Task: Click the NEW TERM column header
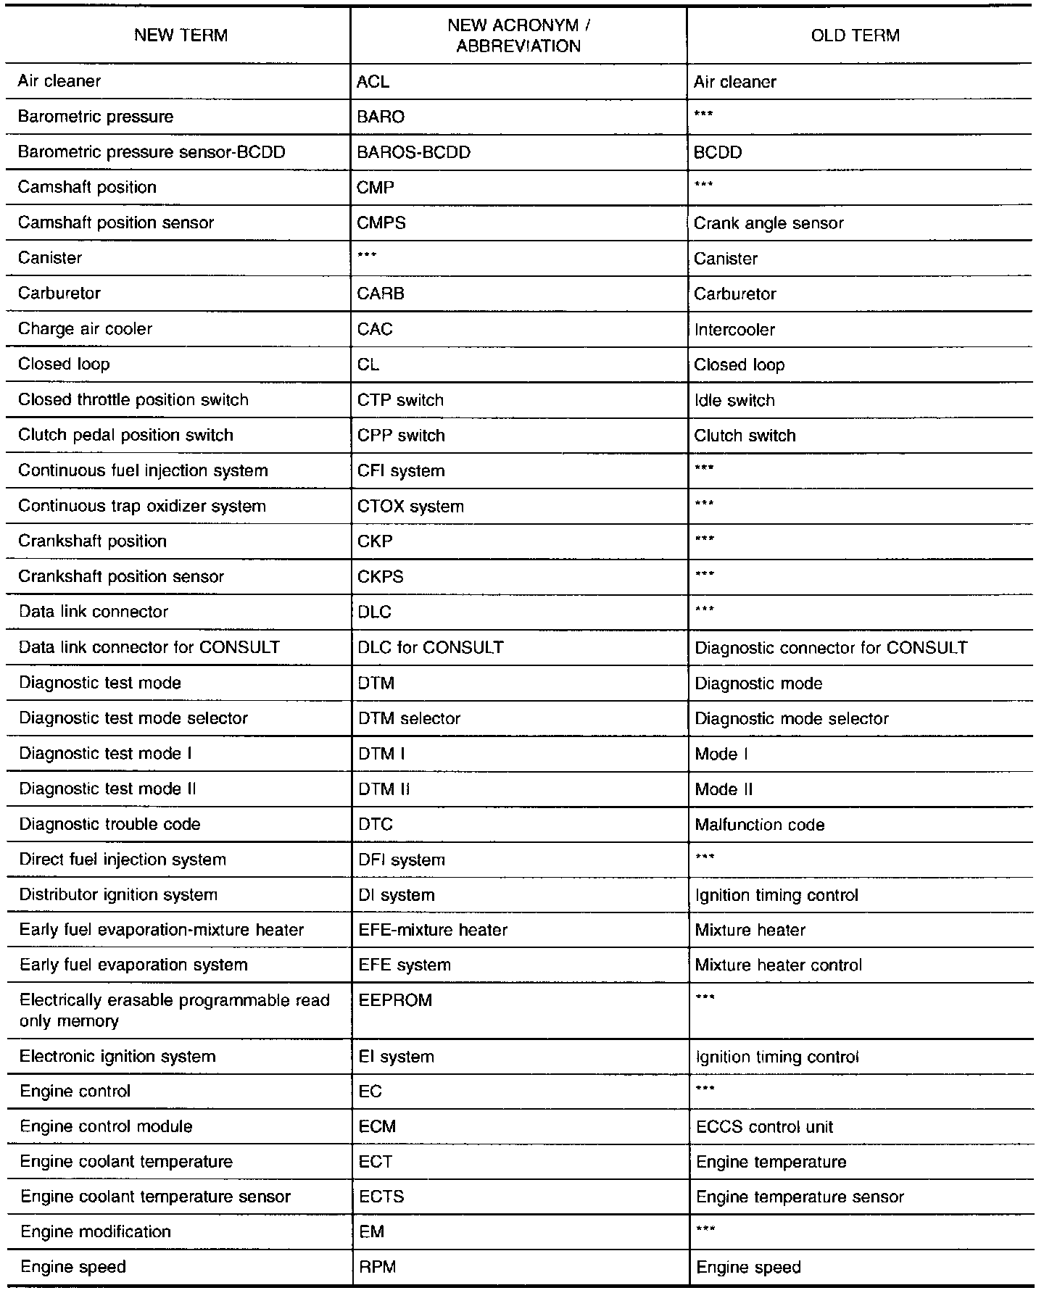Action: pos(181,36)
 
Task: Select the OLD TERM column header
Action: pos(855,36)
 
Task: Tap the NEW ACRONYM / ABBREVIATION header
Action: pos(518,36)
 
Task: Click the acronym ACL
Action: pos(373,81)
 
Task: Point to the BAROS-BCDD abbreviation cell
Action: pos(414,152)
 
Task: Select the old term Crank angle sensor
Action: pos(768,223)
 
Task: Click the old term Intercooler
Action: pos(734,329)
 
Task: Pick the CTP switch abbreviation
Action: pos(400,400)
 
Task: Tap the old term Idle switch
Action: pos(734,400)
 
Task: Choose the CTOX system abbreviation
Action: pos(410,507)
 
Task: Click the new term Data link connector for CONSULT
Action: pos(149,647)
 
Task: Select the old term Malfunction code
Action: pos(760,825)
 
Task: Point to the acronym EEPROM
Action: pos(395,1000)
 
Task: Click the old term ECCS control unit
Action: pos(764,1127)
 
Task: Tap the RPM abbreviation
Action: pos(377,1267)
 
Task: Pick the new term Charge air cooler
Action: pos(85,329)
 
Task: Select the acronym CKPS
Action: pos(381,577)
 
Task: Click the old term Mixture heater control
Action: pos(779,965)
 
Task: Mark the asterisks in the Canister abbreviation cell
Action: pos(367,255)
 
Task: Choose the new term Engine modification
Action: pos(96,1231)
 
